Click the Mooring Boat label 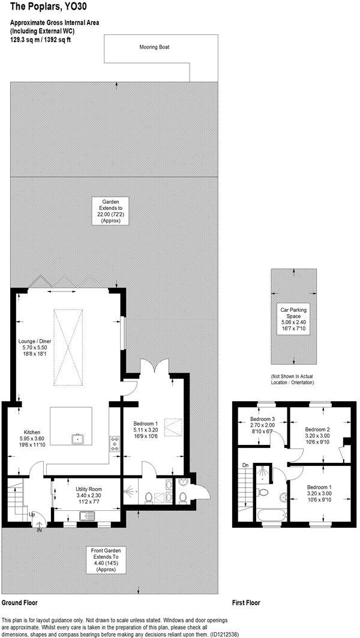[154, 46]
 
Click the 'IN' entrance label [40, 530]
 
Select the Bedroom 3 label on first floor [262, 422]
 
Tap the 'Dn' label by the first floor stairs [244, 465]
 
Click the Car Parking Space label [293, 318]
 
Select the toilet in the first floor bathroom [262, 492]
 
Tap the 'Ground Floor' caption [20, 601]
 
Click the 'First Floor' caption [247, 601]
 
